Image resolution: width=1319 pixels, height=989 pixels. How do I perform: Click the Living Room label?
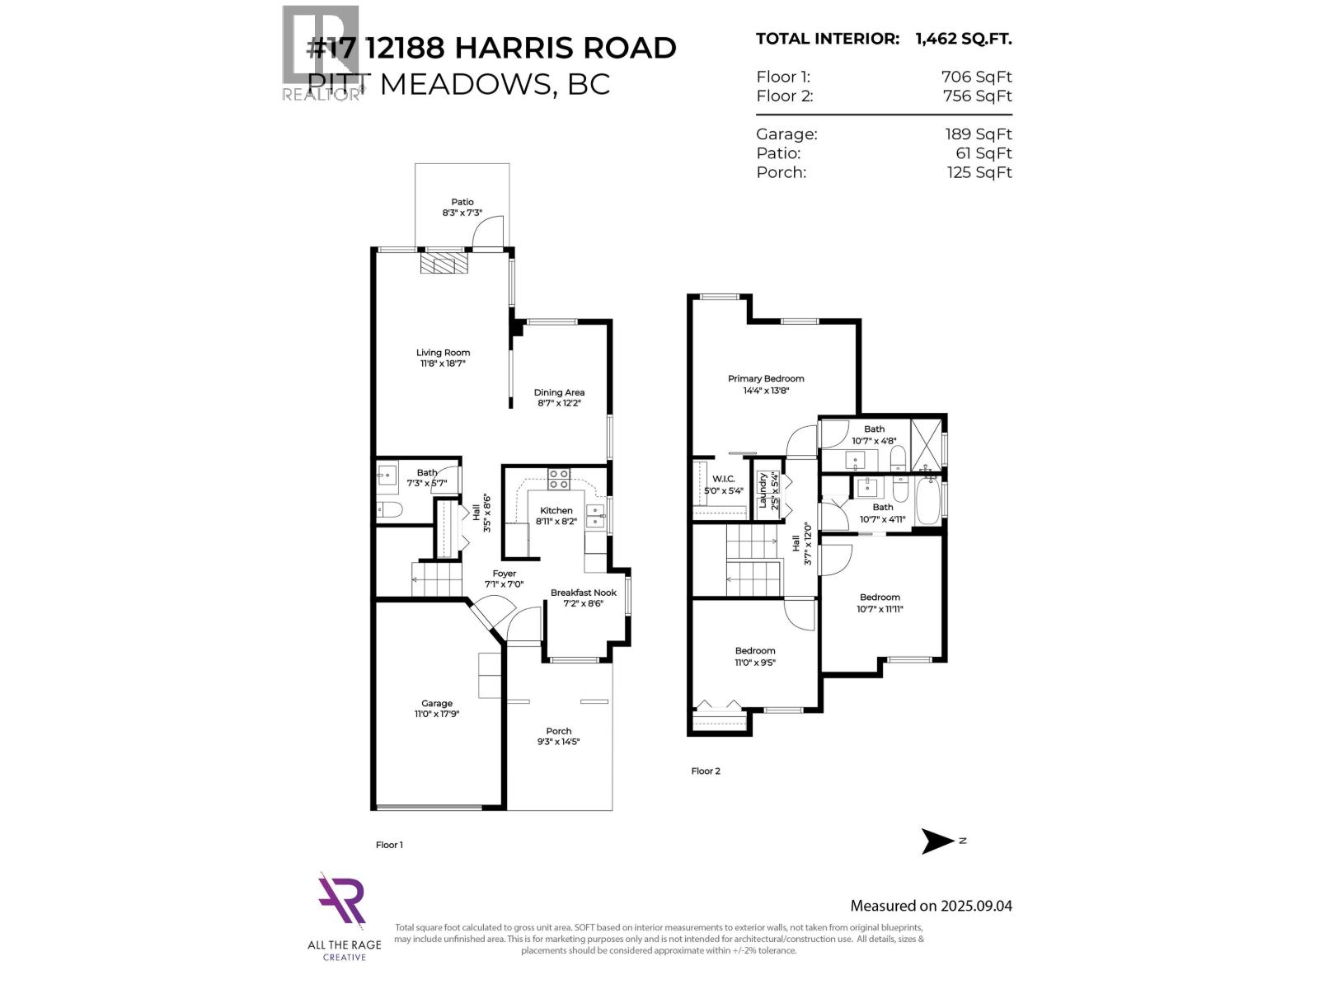click(443, 353)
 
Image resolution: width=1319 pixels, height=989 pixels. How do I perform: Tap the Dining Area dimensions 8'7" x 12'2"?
click(559, 404)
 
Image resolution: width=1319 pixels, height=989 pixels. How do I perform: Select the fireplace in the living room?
click(444, 264)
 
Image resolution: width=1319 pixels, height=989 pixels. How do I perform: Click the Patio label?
click(462, 202)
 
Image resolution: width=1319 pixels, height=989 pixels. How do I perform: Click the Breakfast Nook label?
click(583, 593)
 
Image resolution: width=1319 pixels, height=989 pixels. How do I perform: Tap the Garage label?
click(436, 703)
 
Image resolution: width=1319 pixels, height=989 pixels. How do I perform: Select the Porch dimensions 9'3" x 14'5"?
click(558, 742)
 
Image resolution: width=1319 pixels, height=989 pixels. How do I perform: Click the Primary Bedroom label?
click(765, 379)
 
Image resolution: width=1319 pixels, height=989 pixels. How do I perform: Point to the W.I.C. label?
click(723, 479)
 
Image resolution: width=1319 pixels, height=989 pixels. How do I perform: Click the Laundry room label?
click(763, 490)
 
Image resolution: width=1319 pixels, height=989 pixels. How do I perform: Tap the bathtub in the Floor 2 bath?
click(927, 503)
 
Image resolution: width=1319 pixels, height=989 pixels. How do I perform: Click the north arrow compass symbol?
click(938, 841)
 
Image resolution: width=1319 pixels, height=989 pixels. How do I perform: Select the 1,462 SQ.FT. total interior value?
click(963, 39)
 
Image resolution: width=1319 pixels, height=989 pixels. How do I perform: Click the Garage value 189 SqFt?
click(978, 134)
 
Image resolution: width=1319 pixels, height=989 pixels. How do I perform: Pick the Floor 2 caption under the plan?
click(705, 771)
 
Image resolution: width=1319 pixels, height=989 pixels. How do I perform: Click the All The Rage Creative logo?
click(343, 902)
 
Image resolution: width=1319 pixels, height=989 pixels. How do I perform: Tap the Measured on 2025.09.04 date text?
click(931, 906)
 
